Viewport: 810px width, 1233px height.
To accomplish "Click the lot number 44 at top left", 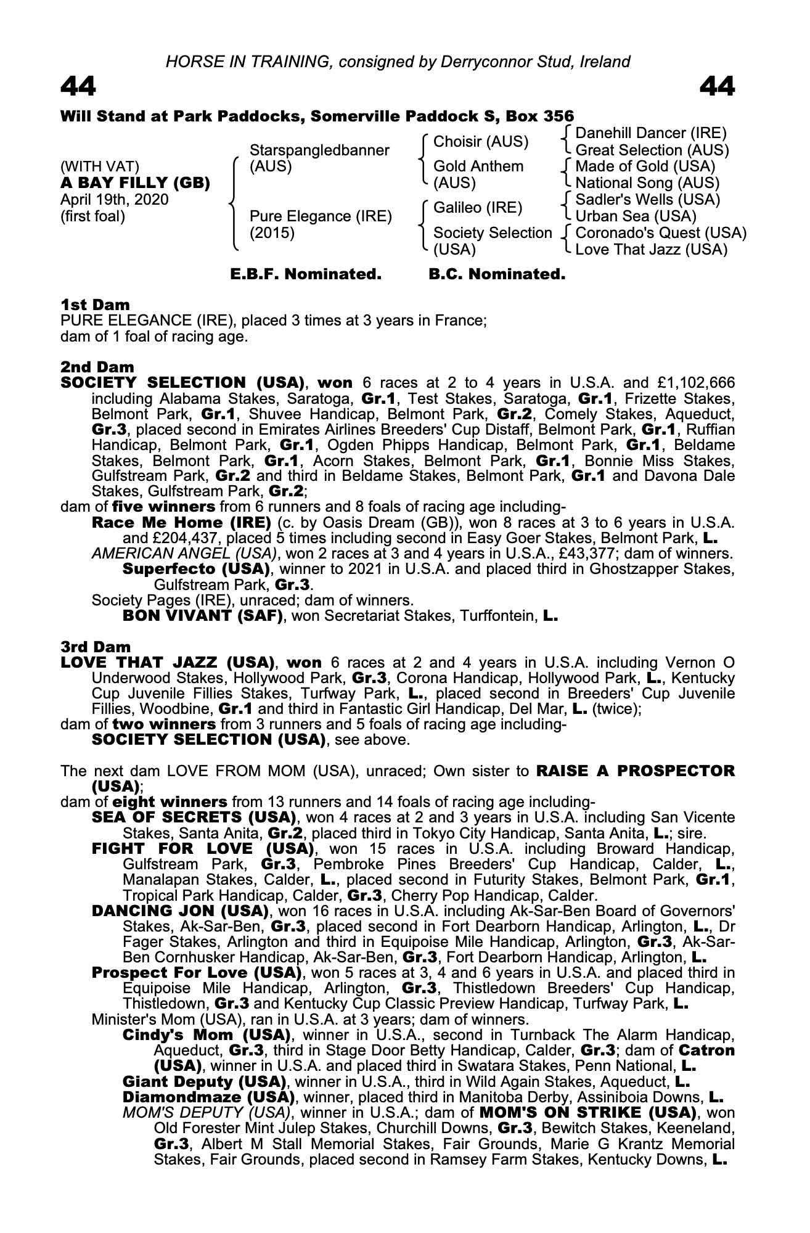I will [x=78, y=87].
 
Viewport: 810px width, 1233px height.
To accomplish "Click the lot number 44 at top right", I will [x=718, y=87].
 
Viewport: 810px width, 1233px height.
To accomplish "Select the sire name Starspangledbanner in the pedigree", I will [x=319, y=150].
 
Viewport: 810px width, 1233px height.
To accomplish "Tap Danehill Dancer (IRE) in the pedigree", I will [x=651, y=133].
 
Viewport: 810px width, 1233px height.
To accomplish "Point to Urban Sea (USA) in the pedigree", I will [x=636, y=216].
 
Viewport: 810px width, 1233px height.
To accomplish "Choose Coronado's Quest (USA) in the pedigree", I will [x=661, y=233].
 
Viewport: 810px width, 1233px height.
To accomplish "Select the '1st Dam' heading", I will [x=95, y=305].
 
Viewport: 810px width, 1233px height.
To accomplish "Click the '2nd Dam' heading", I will [x=97, y=367].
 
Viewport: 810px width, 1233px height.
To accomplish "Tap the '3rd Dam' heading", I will [x=96, y=647].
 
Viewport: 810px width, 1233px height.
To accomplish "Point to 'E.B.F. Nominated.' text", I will [x=306, y=274].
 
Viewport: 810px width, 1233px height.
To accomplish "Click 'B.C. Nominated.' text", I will [x=497, y=274].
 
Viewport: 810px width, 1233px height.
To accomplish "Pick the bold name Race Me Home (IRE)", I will [x=181, y=523].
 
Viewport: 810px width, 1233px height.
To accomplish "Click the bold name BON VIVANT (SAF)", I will [x=203, y=615].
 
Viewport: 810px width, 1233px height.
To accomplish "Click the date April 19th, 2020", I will [x=114, y=200].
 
